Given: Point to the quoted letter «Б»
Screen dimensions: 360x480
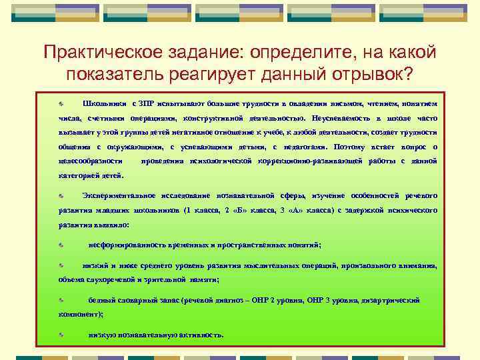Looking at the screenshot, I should [x=230, y=210].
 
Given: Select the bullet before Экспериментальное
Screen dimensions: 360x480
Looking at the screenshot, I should [x=60, y=196].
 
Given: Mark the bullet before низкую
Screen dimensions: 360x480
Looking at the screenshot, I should [x=60, y=335].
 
